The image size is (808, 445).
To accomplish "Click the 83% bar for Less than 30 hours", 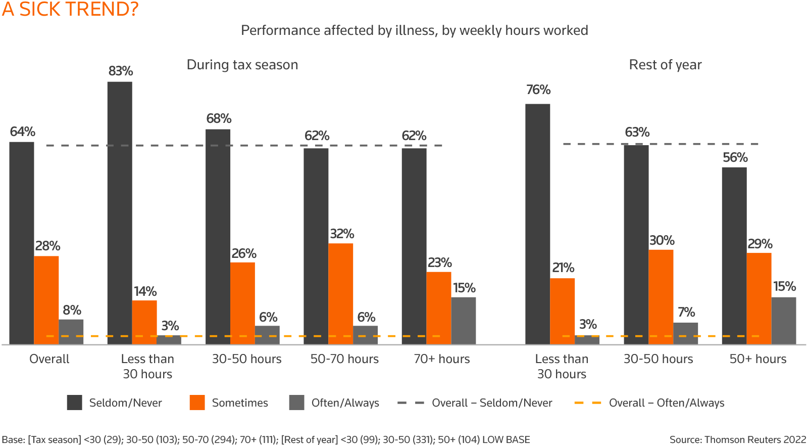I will (x=120, y=212).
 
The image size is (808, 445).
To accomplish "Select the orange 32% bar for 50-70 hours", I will (x=341, y=293).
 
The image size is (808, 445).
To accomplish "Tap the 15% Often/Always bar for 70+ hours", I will (x=464, y=320).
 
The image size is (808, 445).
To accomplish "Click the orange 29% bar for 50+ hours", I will (x=759, y=298).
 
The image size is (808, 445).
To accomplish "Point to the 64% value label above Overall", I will (x=23, y=132).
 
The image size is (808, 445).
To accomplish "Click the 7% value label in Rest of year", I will (x=686, y=312).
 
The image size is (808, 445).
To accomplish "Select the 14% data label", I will (x=145, y=292).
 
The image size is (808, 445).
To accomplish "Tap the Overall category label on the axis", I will (x=49, y=359).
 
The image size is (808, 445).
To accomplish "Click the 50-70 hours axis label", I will (x=344, y=359).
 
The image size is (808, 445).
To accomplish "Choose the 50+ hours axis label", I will (x=757, y=359).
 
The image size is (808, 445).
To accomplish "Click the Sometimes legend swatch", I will (x=197, y=403).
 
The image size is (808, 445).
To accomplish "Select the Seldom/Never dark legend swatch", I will (x=74, y=403).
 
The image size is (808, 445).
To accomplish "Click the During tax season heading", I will (x=242, y=65).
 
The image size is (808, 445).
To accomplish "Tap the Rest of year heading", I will (x=665, y=65).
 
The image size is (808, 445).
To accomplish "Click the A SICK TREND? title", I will (x=70, y=9).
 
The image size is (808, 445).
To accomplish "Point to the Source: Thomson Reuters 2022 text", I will (x=737, y=439).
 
